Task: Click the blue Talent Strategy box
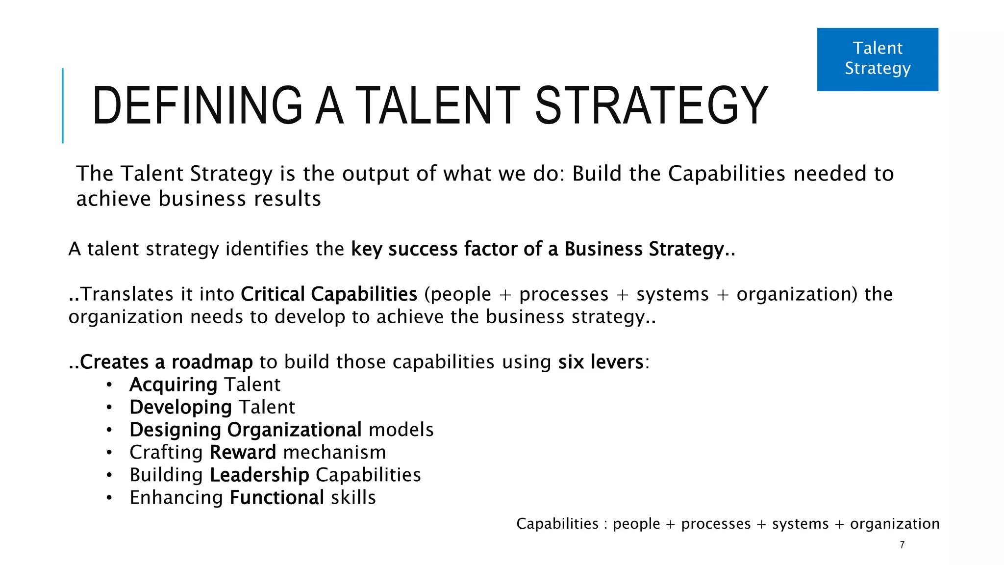[x=878, y=59]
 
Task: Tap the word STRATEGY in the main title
[x=652, y=105]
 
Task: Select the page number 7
[x=902, y=545]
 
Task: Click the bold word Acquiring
[x=174, y=385]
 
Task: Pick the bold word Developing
[x=180, y=408]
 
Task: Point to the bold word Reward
[x=243, y=452]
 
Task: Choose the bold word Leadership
[x=259, y=475]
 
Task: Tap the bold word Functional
[x=277, y=498]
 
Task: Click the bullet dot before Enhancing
[x=109, y=498]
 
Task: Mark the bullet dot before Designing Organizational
[x=109, y=430]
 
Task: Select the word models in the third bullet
[x=401, y=430]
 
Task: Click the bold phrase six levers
[x=601, y=362]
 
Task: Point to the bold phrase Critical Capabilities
[x=329, y=294]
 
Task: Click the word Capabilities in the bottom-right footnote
[x=557, y=524]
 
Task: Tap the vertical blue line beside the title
[x=63, y=105]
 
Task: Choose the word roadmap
[x=212, y=362]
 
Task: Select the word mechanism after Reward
[x=334, y=452]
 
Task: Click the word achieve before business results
[x=114, y=199]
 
